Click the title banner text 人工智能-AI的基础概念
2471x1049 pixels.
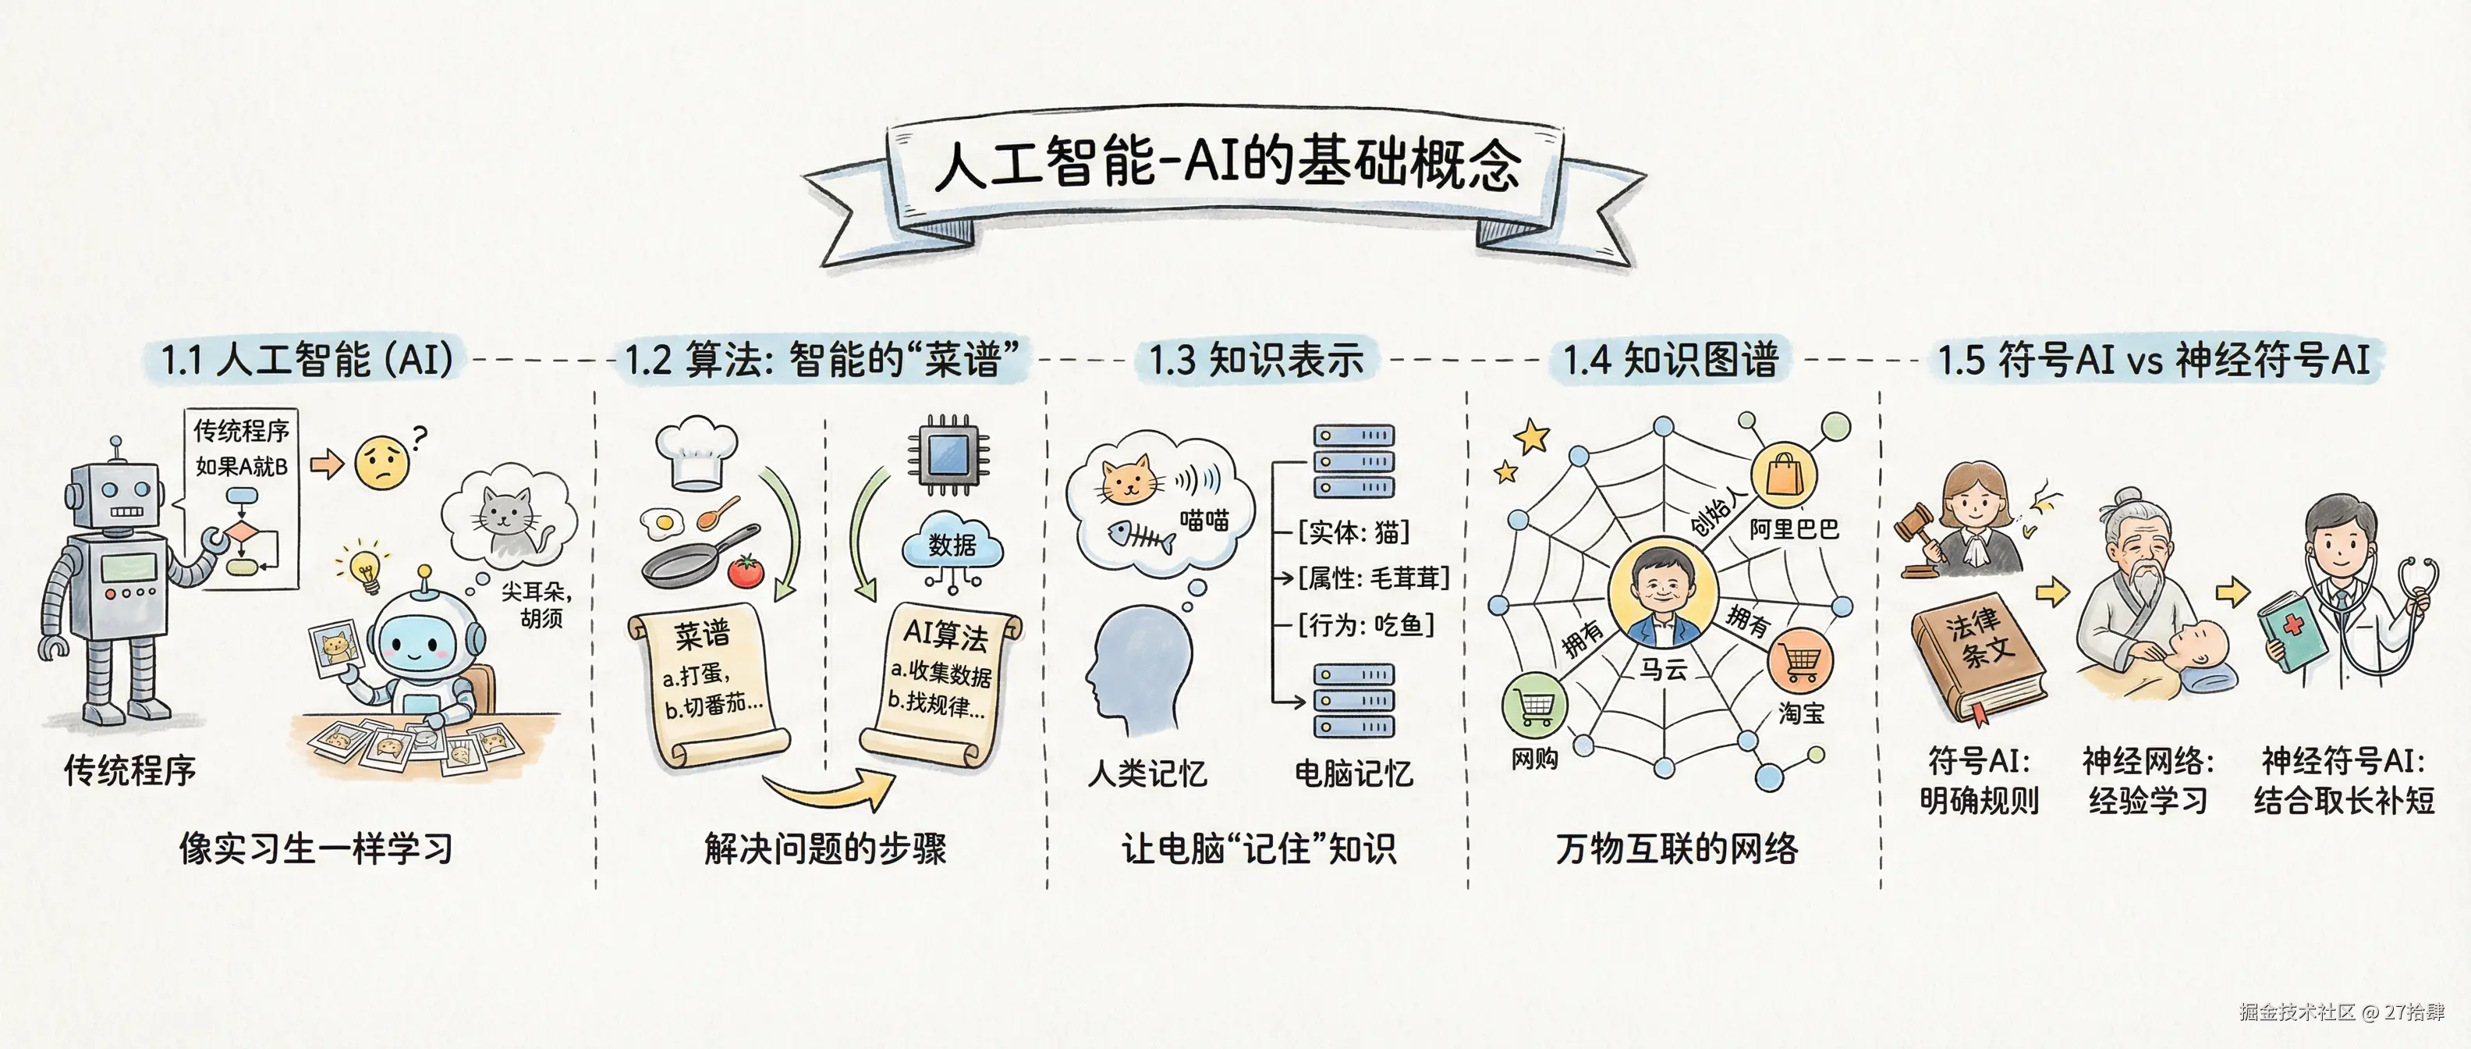[1227, 163]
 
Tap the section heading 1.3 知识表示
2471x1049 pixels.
[1256, 360]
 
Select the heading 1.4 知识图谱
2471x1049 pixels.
[1670, 360]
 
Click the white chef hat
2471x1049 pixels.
[697, 452]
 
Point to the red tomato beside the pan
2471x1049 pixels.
[746, 571]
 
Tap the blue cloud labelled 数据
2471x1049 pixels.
[952, 544]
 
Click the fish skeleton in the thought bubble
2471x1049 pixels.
[1141, 536]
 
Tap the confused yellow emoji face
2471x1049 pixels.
[381, 463]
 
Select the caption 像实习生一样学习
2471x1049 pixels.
[316, 848]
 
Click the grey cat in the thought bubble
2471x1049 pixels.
[509, 519]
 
